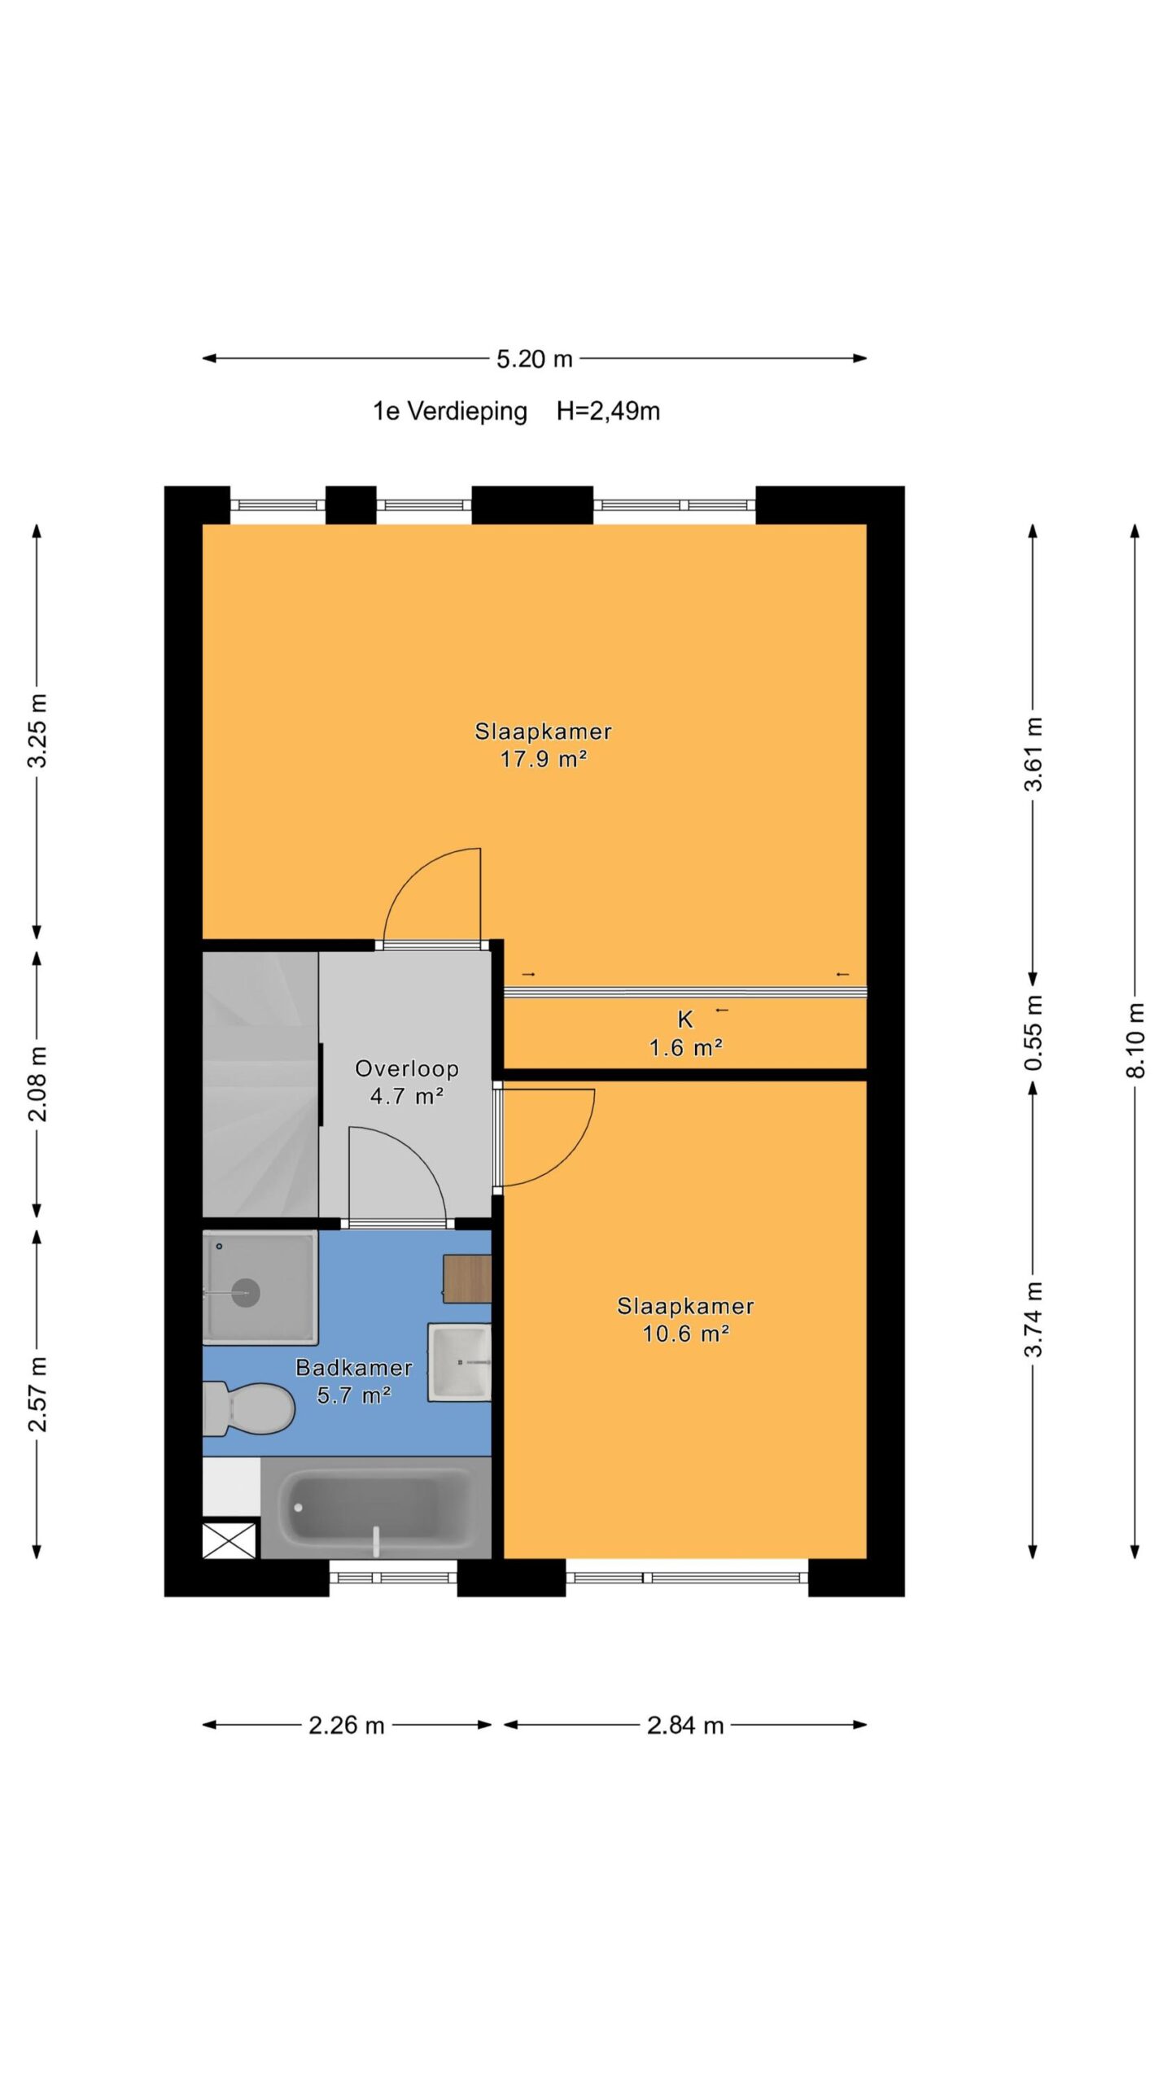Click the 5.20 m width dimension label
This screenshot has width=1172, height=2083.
point(535,359)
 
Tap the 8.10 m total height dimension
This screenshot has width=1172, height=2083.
point(1136,1041)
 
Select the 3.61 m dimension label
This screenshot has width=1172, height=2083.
point(1034,753)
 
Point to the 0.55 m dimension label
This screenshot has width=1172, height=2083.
point(1034,1033)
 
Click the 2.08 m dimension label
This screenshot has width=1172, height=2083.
point(37,1084)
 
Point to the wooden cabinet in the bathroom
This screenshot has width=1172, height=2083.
point(467,1279)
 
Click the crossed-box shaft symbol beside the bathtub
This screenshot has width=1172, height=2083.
point(230,1540)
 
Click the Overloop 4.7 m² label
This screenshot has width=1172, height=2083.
point(406,1082)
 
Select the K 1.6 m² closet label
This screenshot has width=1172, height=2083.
point(685,1033)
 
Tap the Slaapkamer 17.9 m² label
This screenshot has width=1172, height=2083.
point(543,745)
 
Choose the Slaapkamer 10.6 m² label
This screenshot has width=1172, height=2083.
point(685,1320)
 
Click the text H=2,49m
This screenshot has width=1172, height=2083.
point(608,411)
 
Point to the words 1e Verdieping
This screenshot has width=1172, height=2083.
point(450,412)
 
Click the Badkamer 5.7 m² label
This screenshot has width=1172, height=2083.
point(354,1381)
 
